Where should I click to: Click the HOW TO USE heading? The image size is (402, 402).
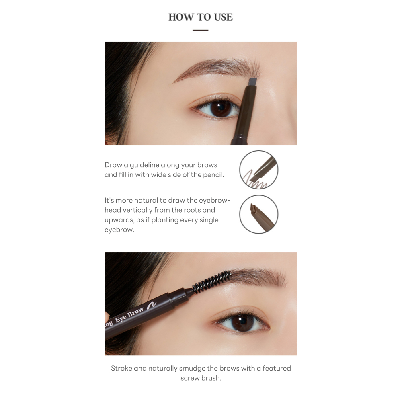tap(201, 17)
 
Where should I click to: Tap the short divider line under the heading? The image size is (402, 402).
tap(201, 30)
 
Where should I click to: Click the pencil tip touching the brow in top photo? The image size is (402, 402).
tap(252, 82)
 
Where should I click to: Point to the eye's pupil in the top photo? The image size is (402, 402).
tap(219, 108)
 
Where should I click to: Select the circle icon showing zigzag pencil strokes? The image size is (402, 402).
tap(258, 170)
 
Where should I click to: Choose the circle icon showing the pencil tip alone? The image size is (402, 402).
tap(258, 214)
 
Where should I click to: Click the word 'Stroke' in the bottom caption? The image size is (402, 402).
tap(121, 368)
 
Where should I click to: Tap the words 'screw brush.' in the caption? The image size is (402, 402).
tap(201, 378)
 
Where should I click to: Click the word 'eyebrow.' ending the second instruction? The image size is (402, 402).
tap(119, 230)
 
